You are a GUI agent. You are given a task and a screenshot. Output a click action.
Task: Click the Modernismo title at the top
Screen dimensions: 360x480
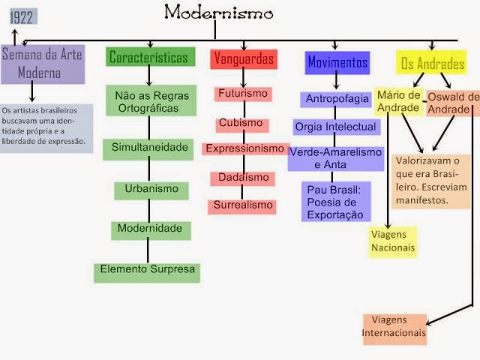pyautogui.click(x=218, y=12)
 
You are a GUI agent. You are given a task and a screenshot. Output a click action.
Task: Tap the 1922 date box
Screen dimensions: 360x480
pyautogui.click(x=22, y=17)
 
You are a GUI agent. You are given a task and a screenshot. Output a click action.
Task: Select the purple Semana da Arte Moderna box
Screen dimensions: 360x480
pyautogui.click(x=42, y=64)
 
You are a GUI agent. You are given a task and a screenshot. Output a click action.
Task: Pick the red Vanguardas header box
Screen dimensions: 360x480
pyautogui.click(x=243, y=58)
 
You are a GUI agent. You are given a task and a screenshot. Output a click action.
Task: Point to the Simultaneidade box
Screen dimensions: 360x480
pyautogui.click(x=151, y=147)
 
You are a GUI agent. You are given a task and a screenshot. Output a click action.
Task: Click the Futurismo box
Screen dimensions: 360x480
pyautogui.click(x=241, y=94)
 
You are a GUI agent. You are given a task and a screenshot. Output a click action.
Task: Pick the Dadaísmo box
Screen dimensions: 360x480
pyautogui.click(x=242, y=177)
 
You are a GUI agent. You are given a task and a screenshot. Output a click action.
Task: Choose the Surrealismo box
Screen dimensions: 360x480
pyautogui.click(x=242, y=205)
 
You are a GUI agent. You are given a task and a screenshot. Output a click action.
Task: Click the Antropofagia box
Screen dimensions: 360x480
pyautogui.click(x=337, y=99)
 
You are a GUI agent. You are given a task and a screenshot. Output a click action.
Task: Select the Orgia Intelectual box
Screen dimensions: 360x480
pyautogui.click(x=334, y=127)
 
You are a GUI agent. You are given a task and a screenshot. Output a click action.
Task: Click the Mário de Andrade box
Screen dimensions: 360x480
pyautogui.click(x=397, y=102)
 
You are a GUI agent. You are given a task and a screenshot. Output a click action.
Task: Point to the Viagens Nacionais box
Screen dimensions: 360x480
pyautogui.click(x=392, y=241)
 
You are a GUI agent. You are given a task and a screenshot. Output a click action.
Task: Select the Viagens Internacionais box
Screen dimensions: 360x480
pyautogui.click(x=394, y=328)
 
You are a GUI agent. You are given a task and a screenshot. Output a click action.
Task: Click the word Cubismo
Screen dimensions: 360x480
pyautogui.click(x=241, y=123)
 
